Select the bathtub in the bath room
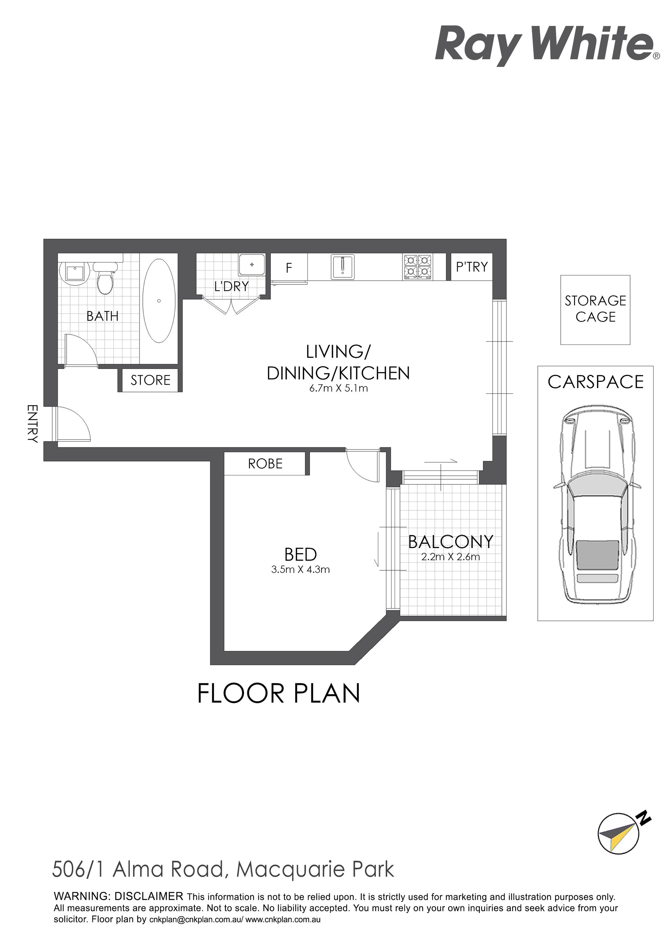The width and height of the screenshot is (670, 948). [x=159, y=301]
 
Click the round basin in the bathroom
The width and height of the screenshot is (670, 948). [x=75, y=273]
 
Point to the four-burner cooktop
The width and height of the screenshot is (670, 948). [x=418, y=266]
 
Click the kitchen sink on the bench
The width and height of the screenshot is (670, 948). [x=342, y=266]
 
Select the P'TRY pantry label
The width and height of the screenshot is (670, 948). [x=472, y=267]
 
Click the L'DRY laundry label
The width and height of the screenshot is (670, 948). [x=232, y=286]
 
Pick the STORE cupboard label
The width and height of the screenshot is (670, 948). [x=150, y=380]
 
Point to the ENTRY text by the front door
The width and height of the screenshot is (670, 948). [x=32, y=424]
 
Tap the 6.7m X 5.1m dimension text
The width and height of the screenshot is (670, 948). [x=338, y=388]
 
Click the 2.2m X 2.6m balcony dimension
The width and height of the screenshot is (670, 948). [x=451, y=557]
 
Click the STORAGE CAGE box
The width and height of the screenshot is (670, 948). [x=595, y=310]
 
